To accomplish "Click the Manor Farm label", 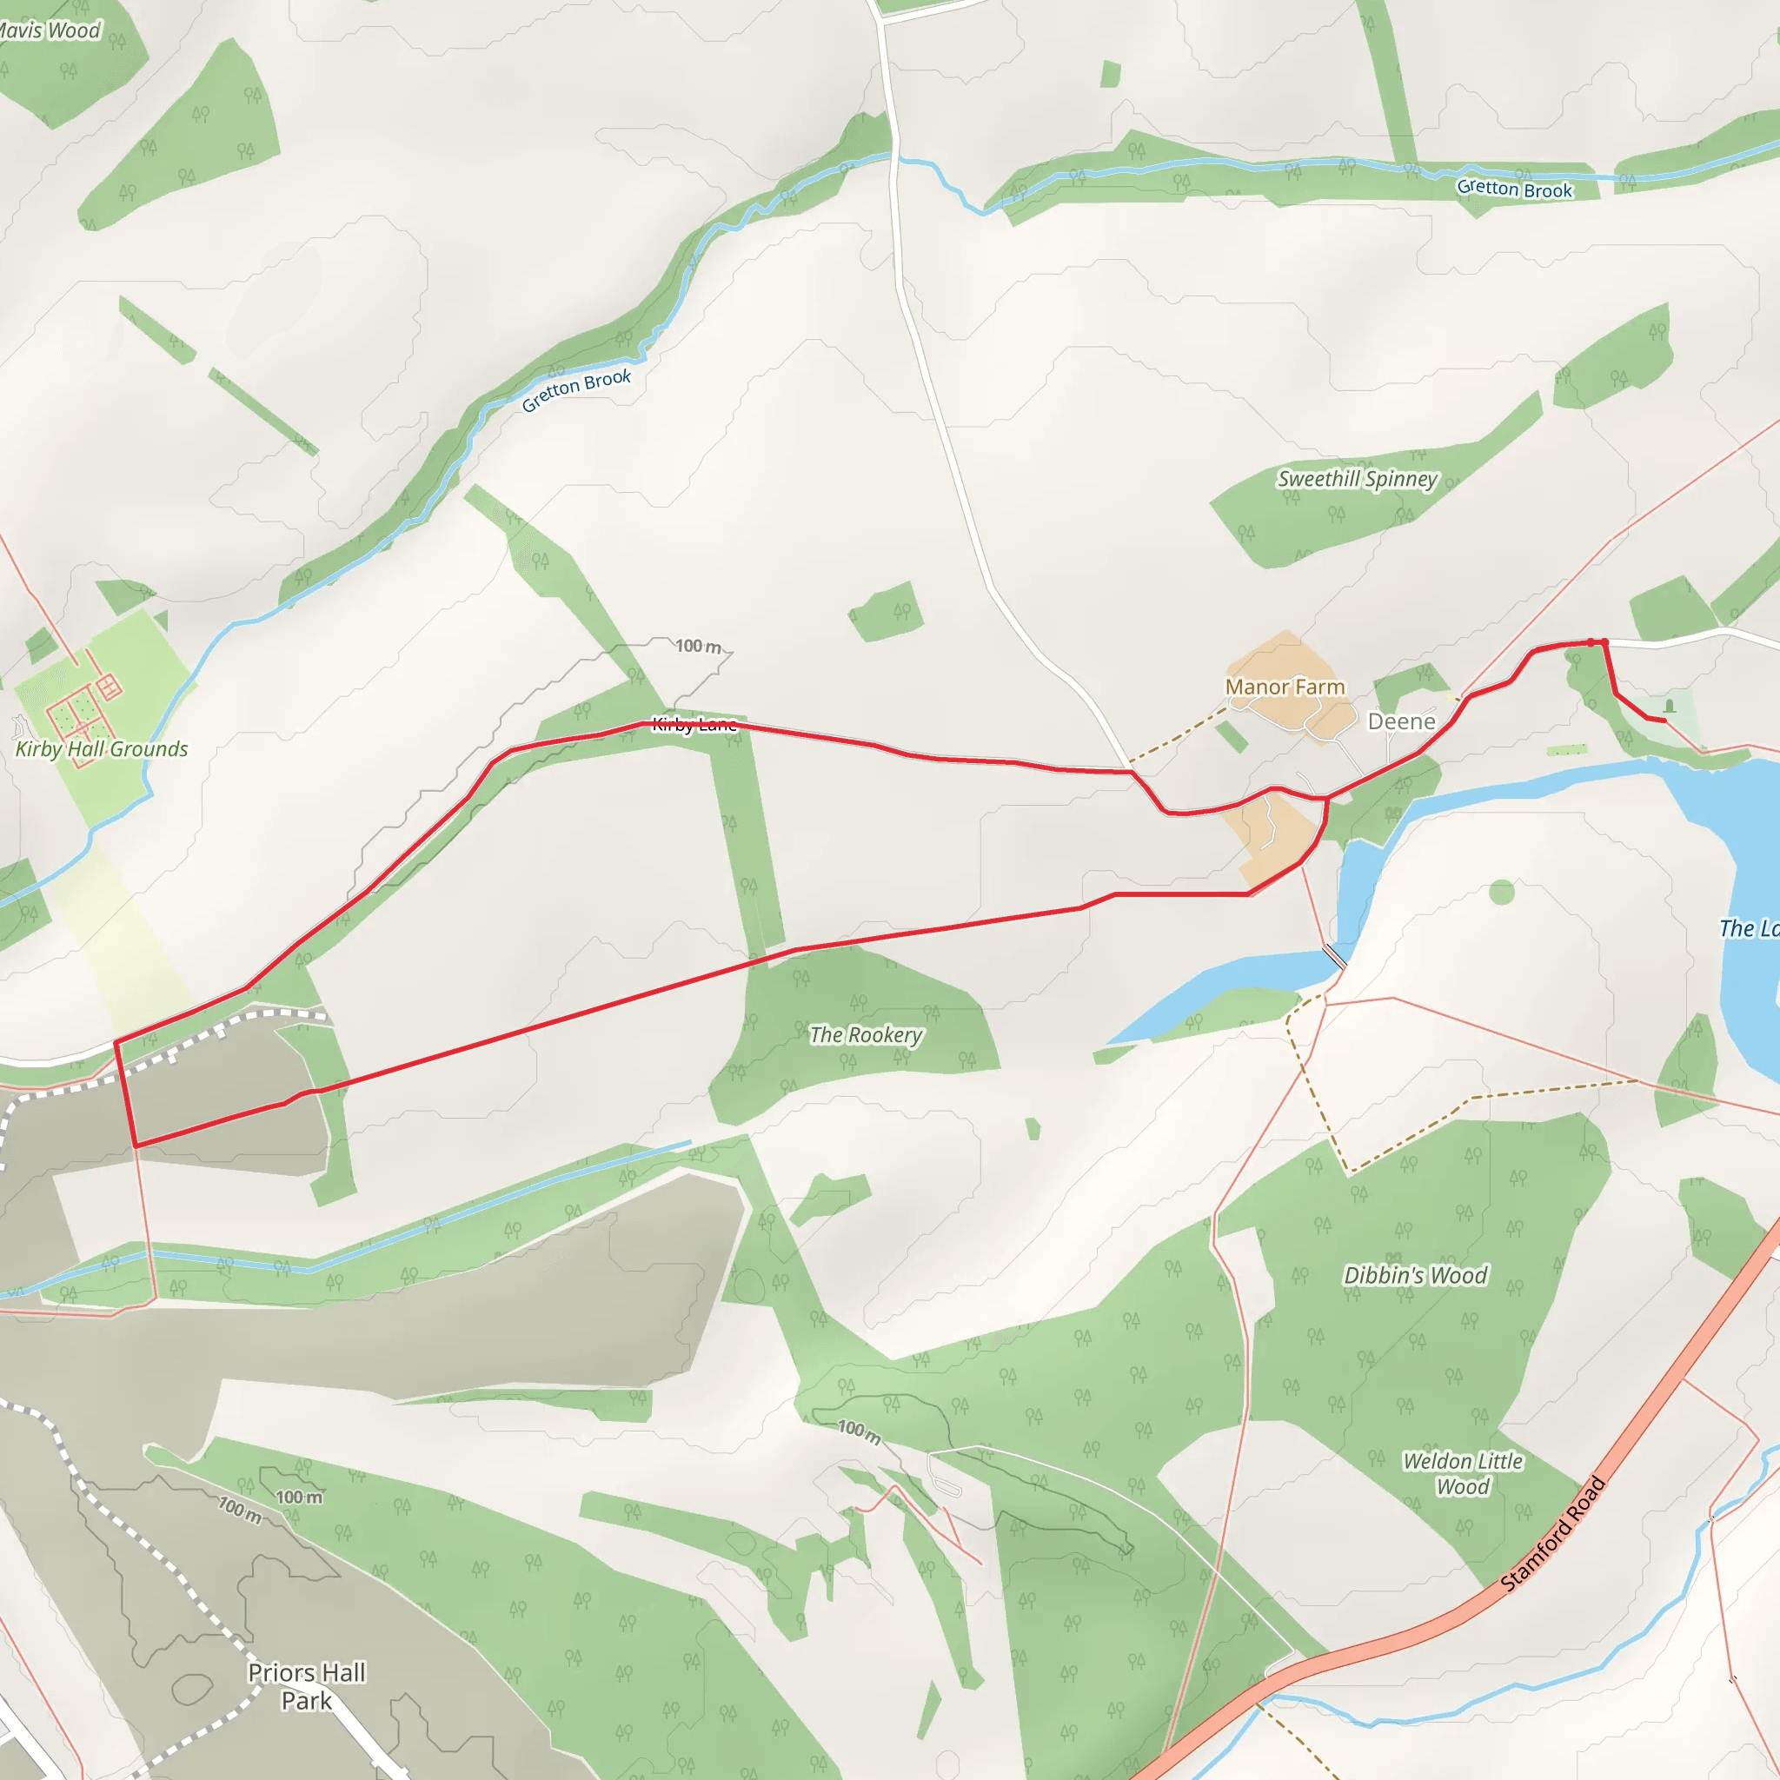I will point(1285,687).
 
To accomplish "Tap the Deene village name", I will point(1401,721).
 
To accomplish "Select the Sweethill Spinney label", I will point(1357,479).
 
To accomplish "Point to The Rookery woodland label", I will point(865,1035).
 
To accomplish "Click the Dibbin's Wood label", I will point(1415,1276).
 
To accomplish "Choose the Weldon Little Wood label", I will point(1462,1474).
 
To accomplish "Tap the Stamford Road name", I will point(1553,1534).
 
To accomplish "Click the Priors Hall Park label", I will point(307,1687).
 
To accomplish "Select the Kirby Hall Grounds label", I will point(102,749).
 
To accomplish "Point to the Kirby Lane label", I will point(694,724).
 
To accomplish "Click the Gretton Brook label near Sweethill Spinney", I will point(1515,189).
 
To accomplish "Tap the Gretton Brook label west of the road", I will point(577,389).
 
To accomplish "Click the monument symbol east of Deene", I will point(1669,707).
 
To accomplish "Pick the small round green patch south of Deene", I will point(1502,892).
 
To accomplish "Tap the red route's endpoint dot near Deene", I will point(1604,642).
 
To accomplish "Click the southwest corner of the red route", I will point(136,1146).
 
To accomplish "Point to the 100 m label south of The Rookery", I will point(859,1431).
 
